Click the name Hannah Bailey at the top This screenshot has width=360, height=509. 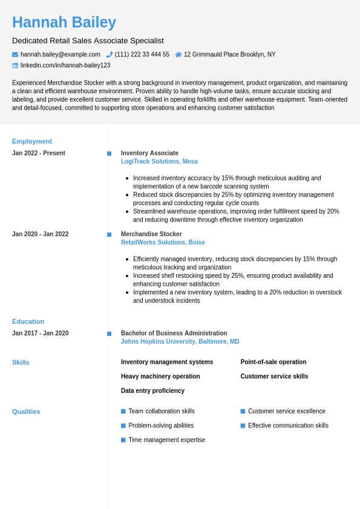(x=64, y=22)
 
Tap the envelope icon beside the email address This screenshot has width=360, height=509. (x=15, y=54)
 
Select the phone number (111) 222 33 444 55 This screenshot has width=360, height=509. (x=142, y=54)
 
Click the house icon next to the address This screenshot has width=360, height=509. (x=178, y=54)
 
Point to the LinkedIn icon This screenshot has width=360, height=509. (x=15, y=65)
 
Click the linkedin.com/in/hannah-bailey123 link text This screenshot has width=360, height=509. (x=65, y=65)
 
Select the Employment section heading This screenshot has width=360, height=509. (x=32, y=142)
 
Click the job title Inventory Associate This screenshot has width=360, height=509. (x=149, y=153)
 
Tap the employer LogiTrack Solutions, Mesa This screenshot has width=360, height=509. (x=159, y=162)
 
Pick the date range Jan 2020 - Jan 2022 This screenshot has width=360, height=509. (x=40, y=234)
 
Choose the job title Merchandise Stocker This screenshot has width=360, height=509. (x=151, y=234)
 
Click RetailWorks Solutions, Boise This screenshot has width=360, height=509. (x=163, y=243)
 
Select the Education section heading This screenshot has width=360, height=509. (x=28, y=321)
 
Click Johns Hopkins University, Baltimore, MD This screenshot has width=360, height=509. (x=180, y=342)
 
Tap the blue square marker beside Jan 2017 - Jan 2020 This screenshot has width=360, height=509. (x=109, y=333)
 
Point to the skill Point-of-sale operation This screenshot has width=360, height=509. (x=273, y=362)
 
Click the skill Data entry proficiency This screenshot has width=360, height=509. (x=152, y=391)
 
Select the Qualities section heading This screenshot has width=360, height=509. (x=26, y=412)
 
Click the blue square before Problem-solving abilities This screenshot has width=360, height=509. (x=123, y=425)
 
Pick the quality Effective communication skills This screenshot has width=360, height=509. (x=288, y=425)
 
